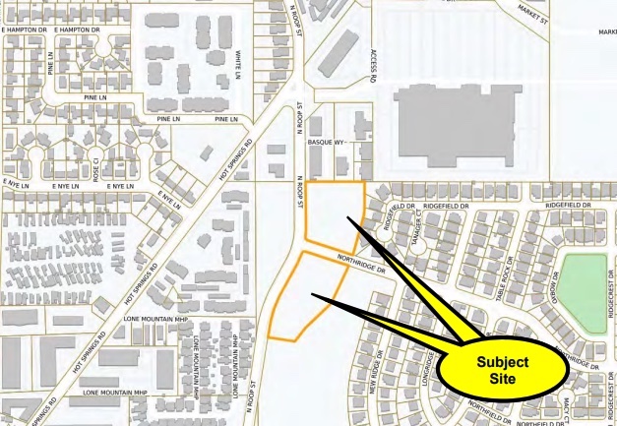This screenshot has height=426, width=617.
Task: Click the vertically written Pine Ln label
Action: coord(51,68)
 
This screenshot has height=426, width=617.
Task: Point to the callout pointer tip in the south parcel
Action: coord(313,294)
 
